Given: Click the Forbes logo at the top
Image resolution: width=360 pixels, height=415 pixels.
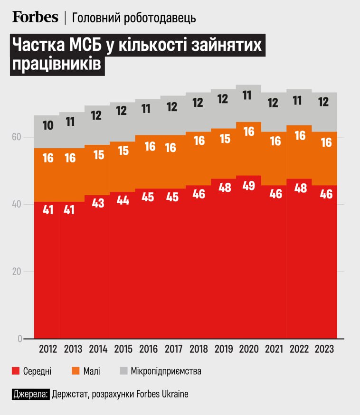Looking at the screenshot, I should (x=35, y=17).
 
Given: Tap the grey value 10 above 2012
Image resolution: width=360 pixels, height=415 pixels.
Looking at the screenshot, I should (x=47, y=126).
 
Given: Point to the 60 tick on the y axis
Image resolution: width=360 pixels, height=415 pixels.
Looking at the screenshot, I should (x=17, y=137).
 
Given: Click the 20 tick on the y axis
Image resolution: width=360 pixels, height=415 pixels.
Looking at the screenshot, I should (x=17, y=272).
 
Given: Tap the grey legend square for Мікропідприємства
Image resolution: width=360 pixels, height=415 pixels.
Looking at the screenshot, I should (x=123, y=371).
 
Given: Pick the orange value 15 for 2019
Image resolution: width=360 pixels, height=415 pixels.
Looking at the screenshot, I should (x=225, y=139).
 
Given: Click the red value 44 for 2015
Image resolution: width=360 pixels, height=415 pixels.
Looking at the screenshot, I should (x=123, y=200).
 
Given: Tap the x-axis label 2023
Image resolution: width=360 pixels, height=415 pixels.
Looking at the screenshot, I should (x=324, y=349).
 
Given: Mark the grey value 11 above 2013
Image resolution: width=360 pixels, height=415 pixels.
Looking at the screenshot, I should (x=70, y=121).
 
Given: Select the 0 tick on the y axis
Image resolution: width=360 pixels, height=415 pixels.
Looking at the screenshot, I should (x=19, y=339).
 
